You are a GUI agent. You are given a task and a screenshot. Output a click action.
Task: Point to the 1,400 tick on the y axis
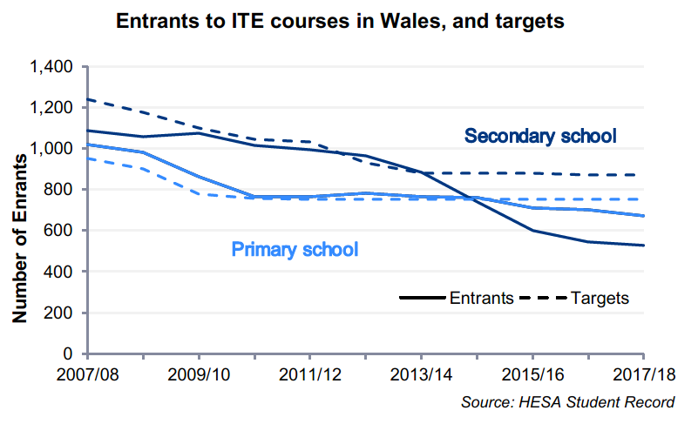coord(54,66)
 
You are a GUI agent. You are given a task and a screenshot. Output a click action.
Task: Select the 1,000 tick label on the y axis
coord(54,148)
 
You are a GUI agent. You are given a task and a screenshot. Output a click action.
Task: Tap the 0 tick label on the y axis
coord(72,353)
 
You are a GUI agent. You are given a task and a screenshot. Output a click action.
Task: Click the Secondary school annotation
coord(540,136)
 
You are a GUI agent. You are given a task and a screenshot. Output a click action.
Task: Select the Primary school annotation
coord(295,249)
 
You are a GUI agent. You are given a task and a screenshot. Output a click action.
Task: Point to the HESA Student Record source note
coord(568,401)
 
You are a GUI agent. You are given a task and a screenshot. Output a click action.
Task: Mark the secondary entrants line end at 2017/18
coord(643,246)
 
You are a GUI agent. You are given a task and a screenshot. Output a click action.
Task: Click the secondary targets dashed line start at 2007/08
coord(88,99)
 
